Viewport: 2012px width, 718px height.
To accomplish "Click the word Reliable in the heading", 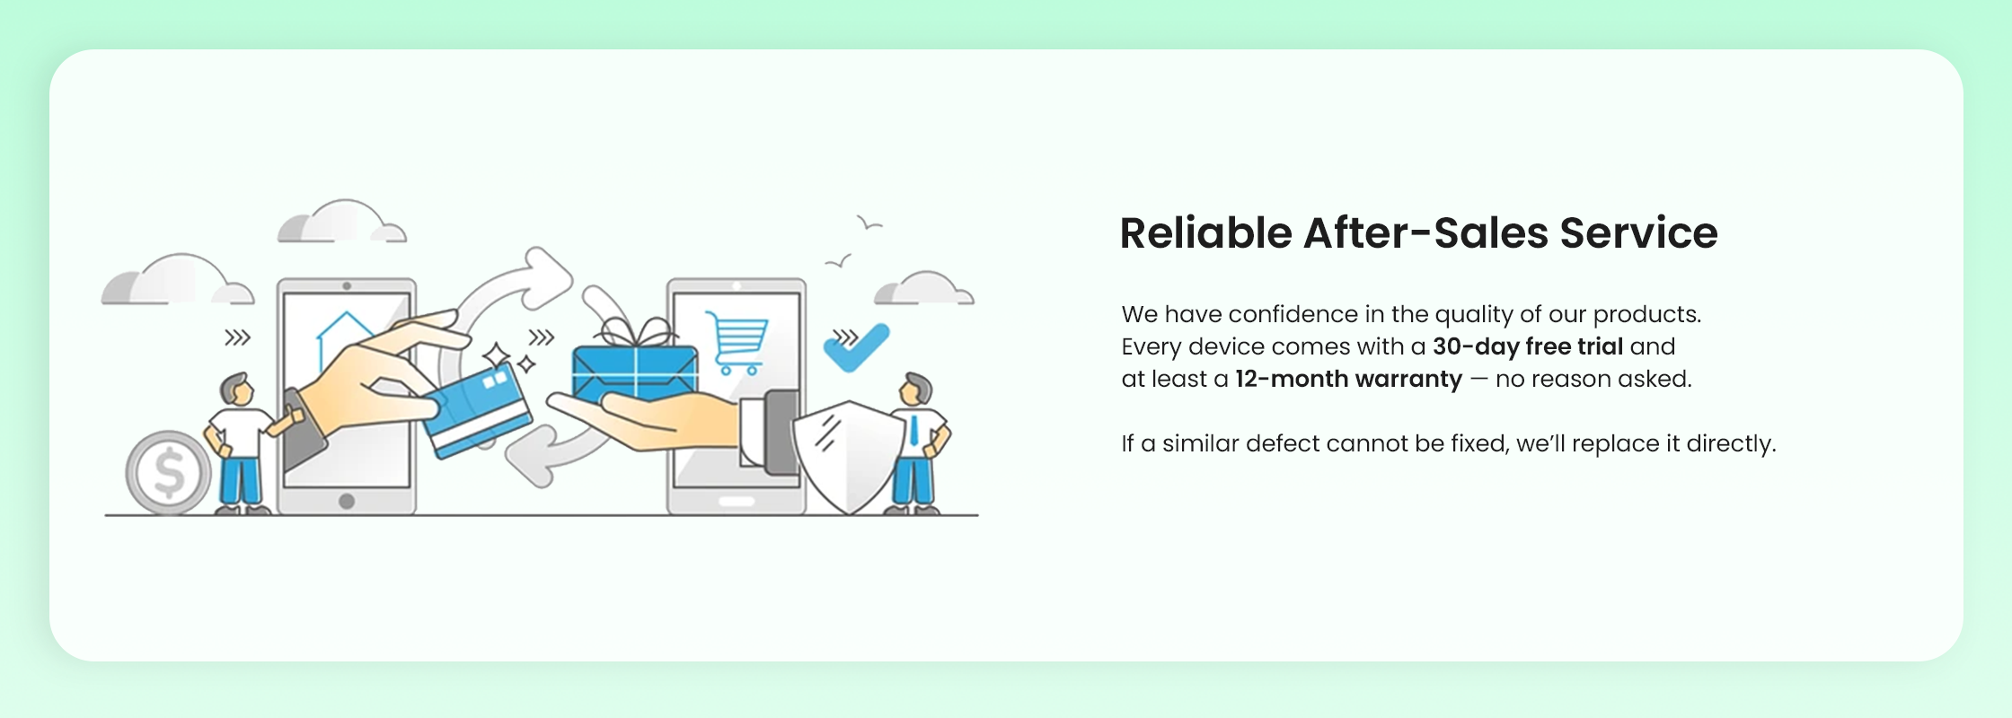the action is (1205, 232).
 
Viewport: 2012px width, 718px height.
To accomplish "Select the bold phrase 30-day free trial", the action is (1528, 346).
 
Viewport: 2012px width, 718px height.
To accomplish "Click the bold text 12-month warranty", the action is (1348, 380).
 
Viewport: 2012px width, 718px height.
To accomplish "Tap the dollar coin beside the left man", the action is (169, 472).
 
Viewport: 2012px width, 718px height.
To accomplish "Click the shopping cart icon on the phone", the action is (737, 342).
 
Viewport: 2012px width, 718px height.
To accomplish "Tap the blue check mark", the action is (856, 347).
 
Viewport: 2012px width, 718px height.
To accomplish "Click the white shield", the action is (848, 456).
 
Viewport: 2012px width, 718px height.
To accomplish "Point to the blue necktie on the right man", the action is (913, 431).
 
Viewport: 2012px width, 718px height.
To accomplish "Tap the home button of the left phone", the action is (347, 501).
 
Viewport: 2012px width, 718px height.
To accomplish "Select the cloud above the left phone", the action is (341, 223).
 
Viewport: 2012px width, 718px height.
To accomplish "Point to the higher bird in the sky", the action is (869, 223).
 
